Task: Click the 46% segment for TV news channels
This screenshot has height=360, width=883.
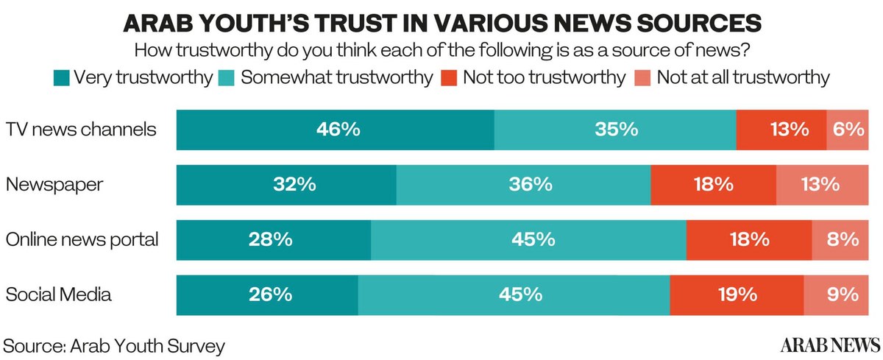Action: tap(336, 130)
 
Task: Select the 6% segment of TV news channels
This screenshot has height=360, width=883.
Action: tap(847, 130)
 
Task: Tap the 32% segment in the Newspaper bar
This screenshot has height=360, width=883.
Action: tap(286, 184)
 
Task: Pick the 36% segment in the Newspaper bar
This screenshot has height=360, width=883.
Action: tap(523, 184)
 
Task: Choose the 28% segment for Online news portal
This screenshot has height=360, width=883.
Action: tap(274, 239)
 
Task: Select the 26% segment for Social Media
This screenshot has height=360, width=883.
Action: tap(267, 294)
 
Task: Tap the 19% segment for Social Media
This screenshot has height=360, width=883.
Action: tap(737, 294)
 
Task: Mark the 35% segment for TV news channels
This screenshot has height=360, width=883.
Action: tap(615, 130)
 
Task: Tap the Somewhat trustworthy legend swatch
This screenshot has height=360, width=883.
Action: tap(227, 77)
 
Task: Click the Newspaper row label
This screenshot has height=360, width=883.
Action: tap(54, 184)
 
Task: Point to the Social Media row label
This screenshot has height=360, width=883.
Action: tap(59, 295)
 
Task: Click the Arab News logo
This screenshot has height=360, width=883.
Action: tap(830, 345)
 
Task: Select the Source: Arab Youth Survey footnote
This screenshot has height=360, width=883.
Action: tap(115, 345)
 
